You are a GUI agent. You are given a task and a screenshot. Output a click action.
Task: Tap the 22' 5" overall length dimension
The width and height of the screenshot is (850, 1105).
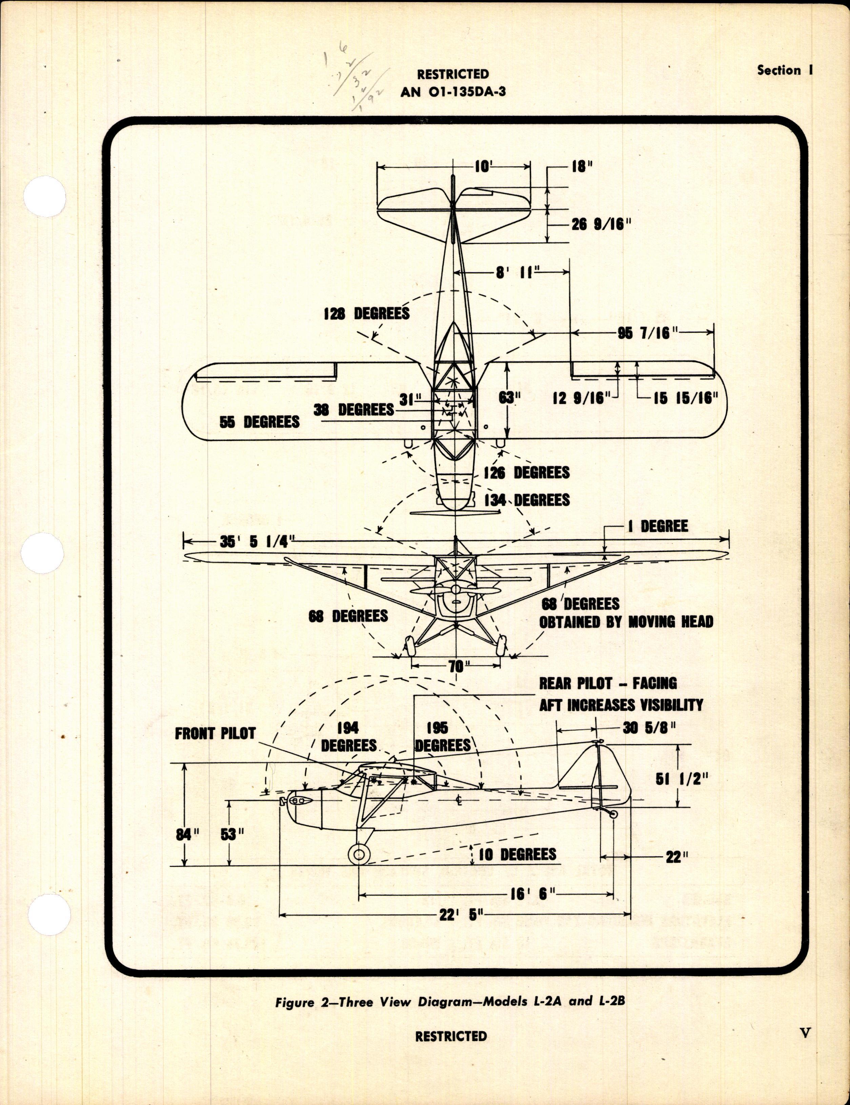(454, 914)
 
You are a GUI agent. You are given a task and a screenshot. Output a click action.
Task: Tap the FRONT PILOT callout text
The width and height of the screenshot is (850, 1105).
(215, 734)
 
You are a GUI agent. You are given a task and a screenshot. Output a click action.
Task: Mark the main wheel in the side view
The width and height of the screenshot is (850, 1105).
(359, 855)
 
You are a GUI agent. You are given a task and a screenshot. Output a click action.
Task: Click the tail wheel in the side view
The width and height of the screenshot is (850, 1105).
(613, 814)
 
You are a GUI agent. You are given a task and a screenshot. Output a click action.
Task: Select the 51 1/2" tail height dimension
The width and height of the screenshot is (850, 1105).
(682, 779)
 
